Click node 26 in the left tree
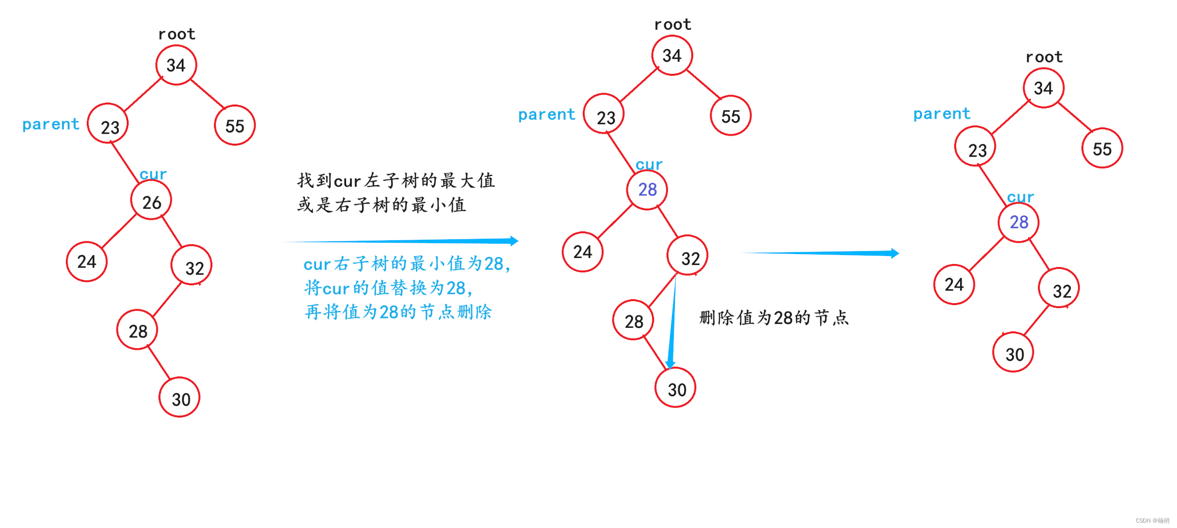[x=151, y=201]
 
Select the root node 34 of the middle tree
[x=672, y=55]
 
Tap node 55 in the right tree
[x=1102, y=149]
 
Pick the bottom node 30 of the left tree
[x=180, y=398]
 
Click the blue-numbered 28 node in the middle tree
[x=647, y=190]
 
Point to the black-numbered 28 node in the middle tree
[x=633, y=321]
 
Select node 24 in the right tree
[x=954, y=285]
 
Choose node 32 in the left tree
[x=192, y=266]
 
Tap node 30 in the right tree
[x=1014, y=353]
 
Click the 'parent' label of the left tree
[x=51, y=124]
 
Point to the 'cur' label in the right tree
[x=1021, y=197]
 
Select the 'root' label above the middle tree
[x=672, y=24]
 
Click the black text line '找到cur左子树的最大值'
[x=396, y=181]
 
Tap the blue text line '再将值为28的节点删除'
[x=398, y=312]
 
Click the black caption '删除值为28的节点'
[x=774, y=317]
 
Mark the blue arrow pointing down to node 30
[x=672, y=327]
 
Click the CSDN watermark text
[x=1152, y=521]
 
